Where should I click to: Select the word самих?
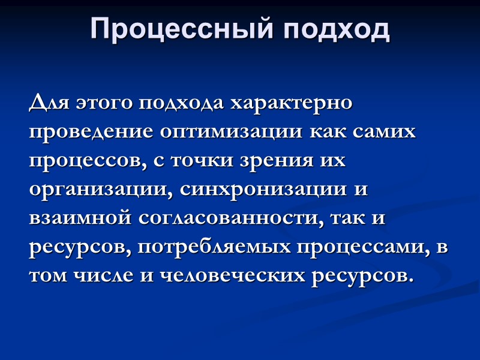click(385, 133)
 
